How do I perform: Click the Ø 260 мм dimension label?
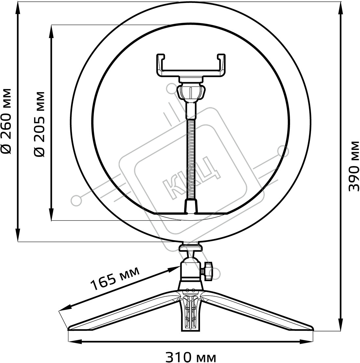pos(6,121)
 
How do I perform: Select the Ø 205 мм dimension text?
pos(39,124)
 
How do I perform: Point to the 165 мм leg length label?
pos(115,278)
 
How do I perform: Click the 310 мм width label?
pos(191,357)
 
